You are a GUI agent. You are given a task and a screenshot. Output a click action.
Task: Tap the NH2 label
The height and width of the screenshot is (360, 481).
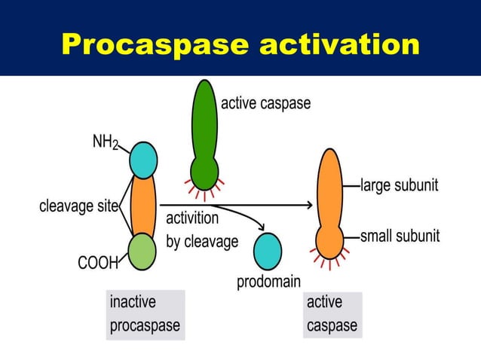105,142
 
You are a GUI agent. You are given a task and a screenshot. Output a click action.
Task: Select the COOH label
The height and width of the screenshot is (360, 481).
98,263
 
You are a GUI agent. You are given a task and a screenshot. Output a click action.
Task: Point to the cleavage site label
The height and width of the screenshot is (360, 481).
78,206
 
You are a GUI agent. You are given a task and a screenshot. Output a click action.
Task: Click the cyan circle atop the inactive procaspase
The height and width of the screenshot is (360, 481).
143,160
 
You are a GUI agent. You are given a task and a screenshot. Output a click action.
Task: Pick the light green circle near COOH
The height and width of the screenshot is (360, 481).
141,252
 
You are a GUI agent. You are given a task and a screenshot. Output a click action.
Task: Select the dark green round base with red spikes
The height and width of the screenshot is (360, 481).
204,172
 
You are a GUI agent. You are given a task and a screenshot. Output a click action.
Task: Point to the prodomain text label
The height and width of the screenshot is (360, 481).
268,282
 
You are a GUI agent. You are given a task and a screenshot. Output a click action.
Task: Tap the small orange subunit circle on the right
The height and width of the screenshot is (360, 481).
329,240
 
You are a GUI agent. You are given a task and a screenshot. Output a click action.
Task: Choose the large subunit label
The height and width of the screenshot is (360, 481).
399,185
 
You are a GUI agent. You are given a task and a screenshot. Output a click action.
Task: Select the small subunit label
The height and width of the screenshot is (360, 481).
400,236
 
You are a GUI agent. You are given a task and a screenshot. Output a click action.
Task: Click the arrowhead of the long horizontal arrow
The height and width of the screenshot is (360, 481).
309,205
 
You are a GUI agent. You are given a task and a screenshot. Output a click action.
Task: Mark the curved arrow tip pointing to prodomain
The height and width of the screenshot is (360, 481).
262,227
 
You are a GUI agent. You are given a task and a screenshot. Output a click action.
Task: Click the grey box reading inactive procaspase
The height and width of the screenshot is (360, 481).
145,314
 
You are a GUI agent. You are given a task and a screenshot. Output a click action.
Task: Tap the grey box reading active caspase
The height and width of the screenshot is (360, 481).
332,314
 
